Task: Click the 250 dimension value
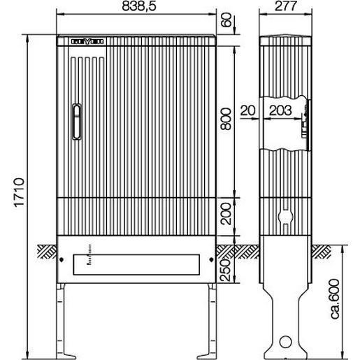click(x=226, y=264)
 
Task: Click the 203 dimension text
click(x=280, y=110)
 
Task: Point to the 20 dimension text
click(x=247, y=110)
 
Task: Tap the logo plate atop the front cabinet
click(x=88, y=42)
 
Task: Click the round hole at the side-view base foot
click(x=285, y=342)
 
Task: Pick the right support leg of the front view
click(x=211, y=318)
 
